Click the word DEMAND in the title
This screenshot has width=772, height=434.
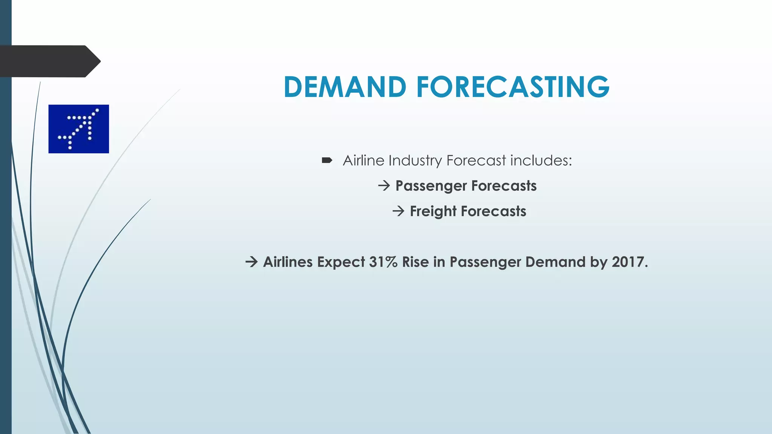(x=345, y=87)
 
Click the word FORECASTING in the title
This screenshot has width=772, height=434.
(x=513, y=87)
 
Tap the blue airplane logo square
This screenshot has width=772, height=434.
(x=78, y=129)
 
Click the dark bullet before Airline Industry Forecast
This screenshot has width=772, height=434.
(x=327, y=160)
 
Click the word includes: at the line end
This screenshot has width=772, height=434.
(x=541, y=160)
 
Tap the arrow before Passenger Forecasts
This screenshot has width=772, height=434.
(x=384, y=186)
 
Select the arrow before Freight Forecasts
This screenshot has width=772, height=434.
(x=398, y=211)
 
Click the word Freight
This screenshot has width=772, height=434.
(x=433, y=212)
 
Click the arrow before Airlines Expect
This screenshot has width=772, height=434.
(x=251, y=262)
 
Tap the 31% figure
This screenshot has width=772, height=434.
(x=383, y=262)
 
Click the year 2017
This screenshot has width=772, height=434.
(x=629, y=262)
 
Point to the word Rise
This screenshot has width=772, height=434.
(x=415, y=262)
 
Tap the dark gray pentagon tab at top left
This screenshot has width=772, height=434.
(x=49, y=61)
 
